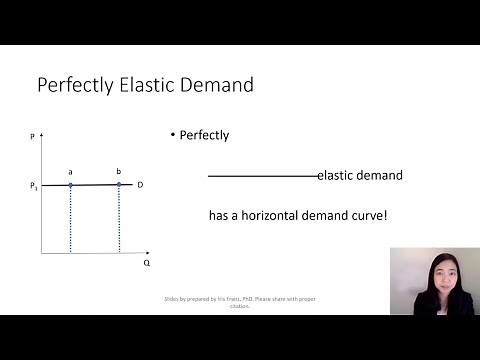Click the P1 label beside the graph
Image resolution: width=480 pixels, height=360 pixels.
(33, 186)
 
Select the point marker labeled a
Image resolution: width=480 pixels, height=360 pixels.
(70, 185)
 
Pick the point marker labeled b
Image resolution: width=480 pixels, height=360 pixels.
(119, 184)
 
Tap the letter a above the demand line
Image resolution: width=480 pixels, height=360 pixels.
(70, 172)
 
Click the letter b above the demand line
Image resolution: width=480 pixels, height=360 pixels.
(119, 172)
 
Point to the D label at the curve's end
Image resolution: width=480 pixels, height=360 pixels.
(141, 185)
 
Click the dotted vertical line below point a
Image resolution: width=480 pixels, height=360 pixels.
(70, 220)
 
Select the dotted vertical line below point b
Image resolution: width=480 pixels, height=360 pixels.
(119, 220)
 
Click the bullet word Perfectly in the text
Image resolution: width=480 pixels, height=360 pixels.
(204, 135)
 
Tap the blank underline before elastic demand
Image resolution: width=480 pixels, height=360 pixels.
(262, 177)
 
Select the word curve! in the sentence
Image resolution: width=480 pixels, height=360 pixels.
(365, 215)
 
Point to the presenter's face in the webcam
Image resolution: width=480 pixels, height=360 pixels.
(437, 271)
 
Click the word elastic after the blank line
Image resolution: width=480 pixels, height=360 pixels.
(337, 175)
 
